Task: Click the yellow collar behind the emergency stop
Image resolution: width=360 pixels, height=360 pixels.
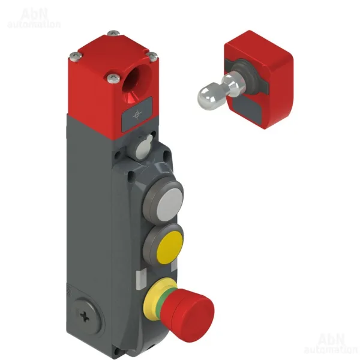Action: click(154, 296)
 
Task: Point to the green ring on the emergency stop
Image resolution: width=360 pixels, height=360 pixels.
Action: click(165, 299)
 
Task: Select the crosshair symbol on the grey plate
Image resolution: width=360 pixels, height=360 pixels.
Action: click(137, 115)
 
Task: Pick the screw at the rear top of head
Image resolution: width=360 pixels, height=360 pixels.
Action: click(113, 33)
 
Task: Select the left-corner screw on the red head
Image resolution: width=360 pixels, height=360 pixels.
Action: click(76, 56)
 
